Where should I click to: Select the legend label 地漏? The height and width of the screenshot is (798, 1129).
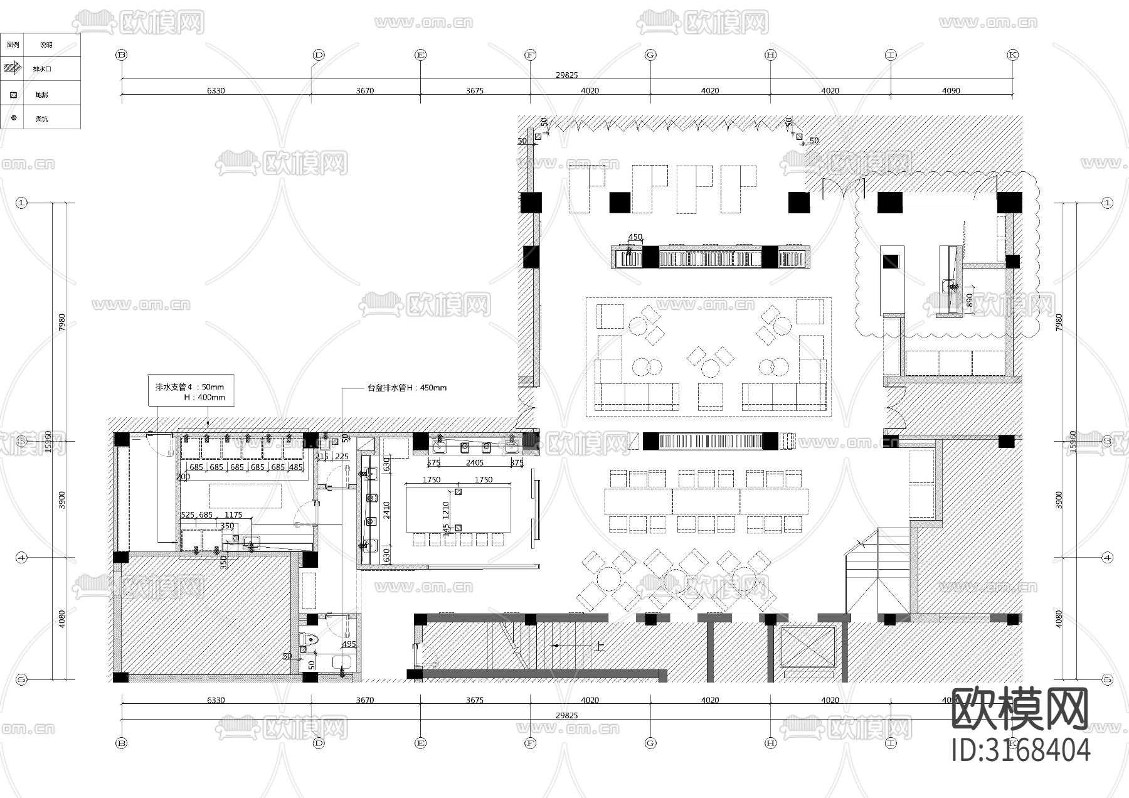tap(41, 95)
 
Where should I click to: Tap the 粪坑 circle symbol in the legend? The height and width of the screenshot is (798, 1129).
tap(14, 117)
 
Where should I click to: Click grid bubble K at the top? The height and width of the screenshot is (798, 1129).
tap(1012, 55)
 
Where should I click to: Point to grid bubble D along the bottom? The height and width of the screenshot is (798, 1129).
tap(319, 743)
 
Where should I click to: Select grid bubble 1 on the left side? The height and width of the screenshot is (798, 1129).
tap(22, 203)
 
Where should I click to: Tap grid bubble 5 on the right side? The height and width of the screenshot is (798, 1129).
tap(1107, 679)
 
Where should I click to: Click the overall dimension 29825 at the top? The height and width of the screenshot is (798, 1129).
tap(566, 75)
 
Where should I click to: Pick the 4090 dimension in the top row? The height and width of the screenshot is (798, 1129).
tap(951, 90)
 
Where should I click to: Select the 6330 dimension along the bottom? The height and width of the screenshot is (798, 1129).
tap(216, 700)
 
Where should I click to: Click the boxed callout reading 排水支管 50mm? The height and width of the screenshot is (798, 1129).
tap(191, 391)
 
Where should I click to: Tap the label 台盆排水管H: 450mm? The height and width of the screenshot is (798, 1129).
tap(407, 388)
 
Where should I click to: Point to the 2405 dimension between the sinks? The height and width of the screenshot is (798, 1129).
tap(474, 463)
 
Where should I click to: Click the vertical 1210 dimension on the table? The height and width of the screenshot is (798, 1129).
tap(446, 509)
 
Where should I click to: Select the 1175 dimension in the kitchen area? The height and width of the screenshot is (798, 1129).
tap(233, 515)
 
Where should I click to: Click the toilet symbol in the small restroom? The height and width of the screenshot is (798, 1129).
tap(310, 641)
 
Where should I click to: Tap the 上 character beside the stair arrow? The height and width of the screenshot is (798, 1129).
tap(600, 646)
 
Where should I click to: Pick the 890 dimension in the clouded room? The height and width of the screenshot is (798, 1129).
tap(970, 301)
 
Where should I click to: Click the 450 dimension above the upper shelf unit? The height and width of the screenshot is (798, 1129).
tap(635, 237)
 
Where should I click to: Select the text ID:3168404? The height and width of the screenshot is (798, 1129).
tap(1020, 750)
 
